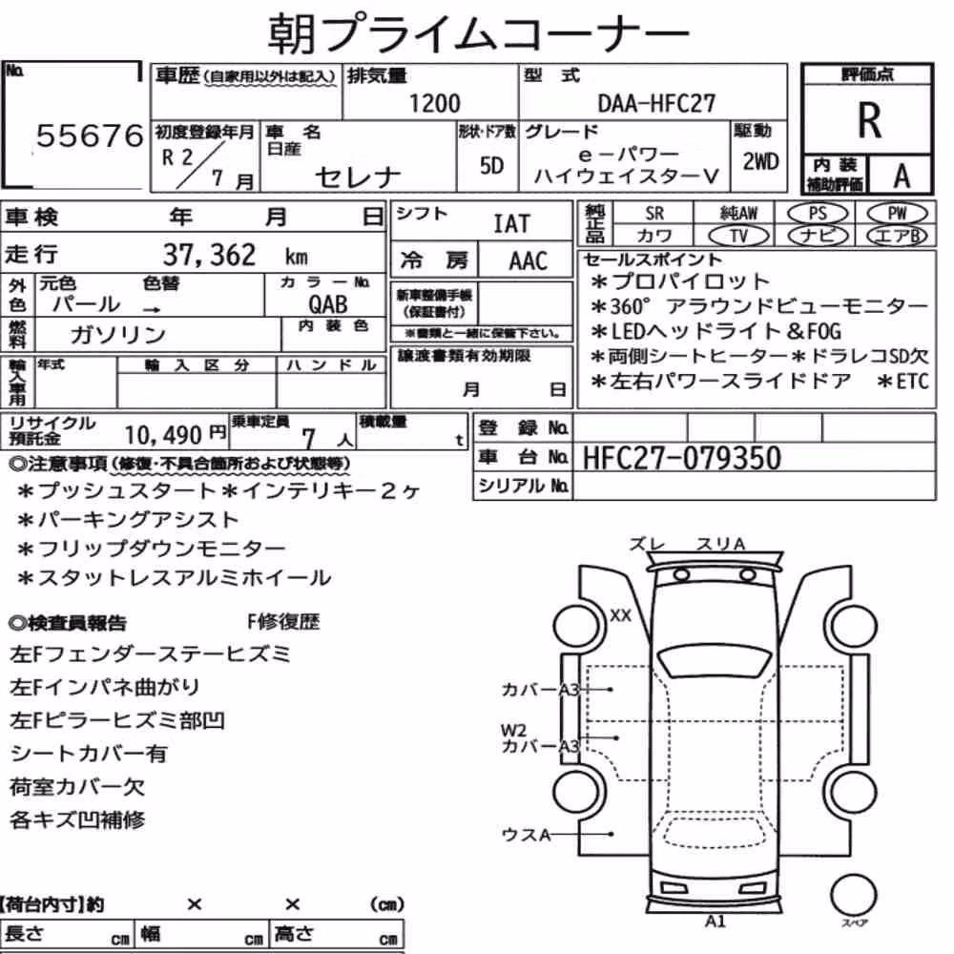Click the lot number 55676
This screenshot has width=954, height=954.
tap(90, 135)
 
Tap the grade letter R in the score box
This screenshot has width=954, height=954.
tap(869, 120)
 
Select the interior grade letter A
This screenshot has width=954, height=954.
tap(902, 176)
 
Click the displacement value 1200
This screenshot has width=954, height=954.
tap(434, 103)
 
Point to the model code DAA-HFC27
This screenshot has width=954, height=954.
tap(656, 103)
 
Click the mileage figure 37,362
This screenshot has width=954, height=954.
tap(209, 255)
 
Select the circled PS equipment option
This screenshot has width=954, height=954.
tap(818, 213)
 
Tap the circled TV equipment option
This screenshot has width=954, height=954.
tap(739, 236)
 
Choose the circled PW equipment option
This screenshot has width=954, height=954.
tap(898, 213)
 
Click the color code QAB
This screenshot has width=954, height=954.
tap(328, 303)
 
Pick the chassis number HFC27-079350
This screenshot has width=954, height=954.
tap(681, 458)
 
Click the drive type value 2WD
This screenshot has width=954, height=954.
tap(760, 161)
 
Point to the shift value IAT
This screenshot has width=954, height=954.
tap(511, 224)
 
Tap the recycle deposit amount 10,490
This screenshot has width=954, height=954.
tap(163, 435)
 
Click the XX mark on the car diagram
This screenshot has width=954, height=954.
tap(621, 615)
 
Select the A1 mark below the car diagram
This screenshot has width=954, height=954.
tap(715, 922)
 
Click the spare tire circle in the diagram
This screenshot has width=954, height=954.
tap(853, 895)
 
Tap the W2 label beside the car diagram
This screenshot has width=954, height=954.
tap(513, 730)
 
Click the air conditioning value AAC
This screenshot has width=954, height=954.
tap(528, 261)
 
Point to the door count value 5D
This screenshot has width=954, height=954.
tap(491, 165)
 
